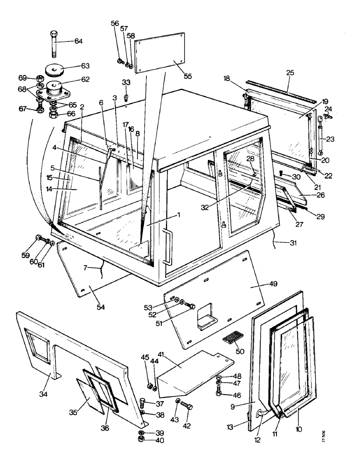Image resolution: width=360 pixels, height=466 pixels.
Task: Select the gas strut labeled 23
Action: (320, 137)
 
